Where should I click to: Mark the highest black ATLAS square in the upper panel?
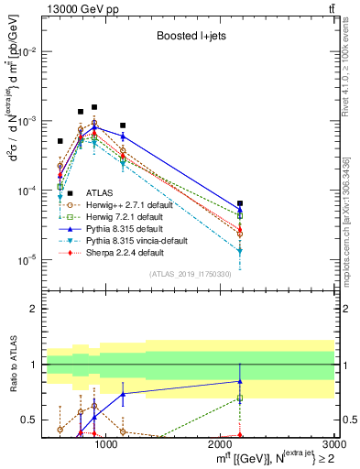click(x=94, y=107)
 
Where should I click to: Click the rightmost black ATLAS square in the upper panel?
click(x=240, y=203)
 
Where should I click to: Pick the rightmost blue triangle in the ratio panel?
click(x=240, y=381)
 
